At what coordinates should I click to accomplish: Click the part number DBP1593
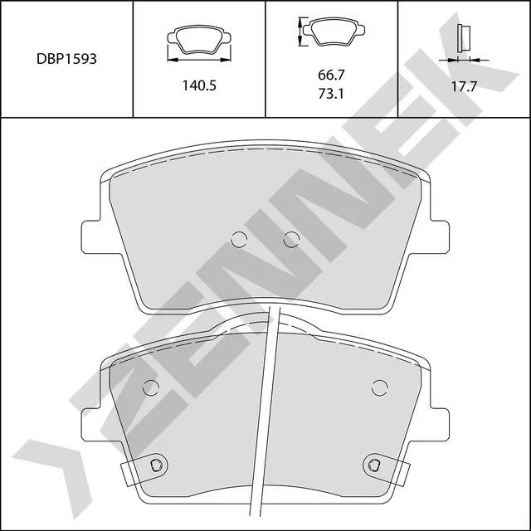pos(67,60)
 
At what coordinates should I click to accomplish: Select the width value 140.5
pos(199,85)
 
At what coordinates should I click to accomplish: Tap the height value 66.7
pos(331,75)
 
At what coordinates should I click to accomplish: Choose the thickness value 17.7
pos(464,85)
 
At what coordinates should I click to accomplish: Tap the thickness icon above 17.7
pos(464,41)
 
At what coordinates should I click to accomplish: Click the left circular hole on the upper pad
pos(239,240)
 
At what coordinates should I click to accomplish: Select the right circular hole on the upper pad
pos(290,240)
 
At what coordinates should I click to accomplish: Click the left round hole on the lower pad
pos(150,387)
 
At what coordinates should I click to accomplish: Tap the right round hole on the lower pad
pos(379,387)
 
